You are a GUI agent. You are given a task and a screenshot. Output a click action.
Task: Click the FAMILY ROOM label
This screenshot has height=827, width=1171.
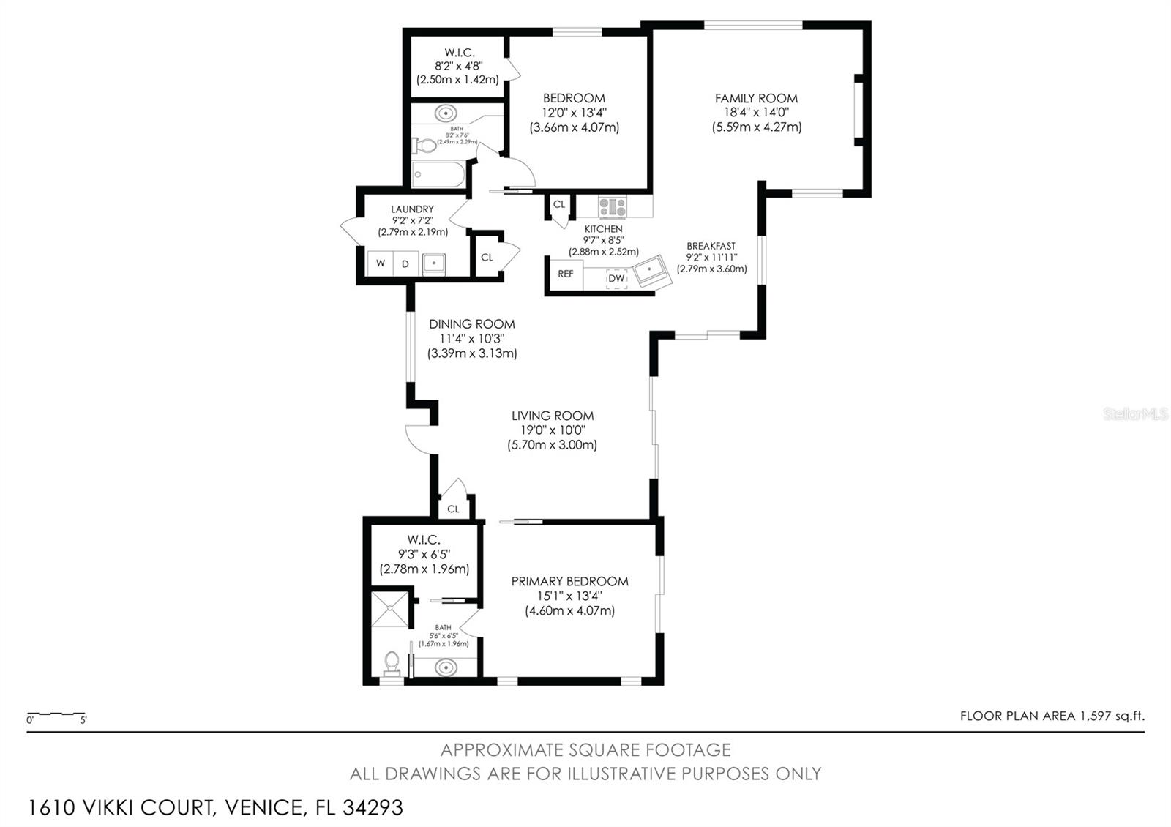pos(756,98)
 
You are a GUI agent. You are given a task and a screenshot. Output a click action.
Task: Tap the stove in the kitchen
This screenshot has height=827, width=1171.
pos(612,206)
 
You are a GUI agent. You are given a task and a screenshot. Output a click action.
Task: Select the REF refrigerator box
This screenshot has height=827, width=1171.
pos(566,274)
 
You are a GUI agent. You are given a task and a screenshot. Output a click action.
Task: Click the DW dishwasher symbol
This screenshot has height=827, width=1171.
pos(617,278)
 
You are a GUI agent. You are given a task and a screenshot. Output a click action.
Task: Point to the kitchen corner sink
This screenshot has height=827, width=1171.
pos(652,272)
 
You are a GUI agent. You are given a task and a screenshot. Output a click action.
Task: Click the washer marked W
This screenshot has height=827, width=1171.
pos(381,263)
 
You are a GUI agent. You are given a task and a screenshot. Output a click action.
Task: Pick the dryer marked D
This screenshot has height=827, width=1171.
pos(405,263)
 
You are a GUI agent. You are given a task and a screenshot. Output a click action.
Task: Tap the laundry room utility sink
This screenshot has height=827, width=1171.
pos(433,263)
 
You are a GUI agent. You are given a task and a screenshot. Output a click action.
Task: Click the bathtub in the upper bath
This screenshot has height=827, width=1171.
pos(438,174)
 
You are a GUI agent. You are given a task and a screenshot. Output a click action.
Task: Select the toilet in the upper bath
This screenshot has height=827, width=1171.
pos(424,146)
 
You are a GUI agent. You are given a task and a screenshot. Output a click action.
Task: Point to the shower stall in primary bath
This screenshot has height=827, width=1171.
pos(390,609)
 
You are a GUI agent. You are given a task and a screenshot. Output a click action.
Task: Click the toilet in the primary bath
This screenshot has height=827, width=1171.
pos(392,663)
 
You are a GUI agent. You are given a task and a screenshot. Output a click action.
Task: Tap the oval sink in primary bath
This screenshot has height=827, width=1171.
pos(446,667)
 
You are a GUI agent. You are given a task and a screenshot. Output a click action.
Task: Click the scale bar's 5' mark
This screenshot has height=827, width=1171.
pos(83,720)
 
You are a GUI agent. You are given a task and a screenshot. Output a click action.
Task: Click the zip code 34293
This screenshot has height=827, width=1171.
pos(373,808)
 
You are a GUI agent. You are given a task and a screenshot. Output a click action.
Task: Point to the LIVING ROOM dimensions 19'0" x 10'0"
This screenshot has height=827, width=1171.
pos(553,430)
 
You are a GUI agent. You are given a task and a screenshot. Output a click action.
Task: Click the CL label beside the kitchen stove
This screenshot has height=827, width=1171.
pos(559,204)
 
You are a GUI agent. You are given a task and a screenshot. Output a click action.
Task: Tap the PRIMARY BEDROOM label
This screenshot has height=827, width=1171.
pos(570,581)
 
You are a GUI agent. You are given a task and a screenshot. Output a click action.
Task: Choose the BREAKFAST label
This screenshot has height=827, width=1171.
pos(711,246)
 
